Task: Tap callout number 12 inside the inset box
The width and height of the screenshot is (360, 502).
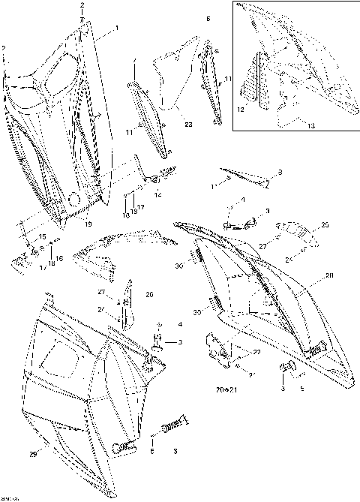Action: [241, 110]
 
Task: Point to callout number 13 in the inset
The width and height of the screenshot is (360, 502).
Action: [310, 127]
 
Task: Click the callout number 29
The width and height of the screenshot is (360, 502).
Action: [31, 455]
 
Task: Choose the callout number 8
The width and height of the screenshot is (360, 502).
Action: [280, 173]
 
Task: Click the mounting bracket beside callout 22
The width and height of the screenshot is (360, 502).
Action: [218, 347]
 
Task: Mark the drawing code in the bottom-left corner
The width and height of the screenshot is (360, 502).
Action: [10, 497]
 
